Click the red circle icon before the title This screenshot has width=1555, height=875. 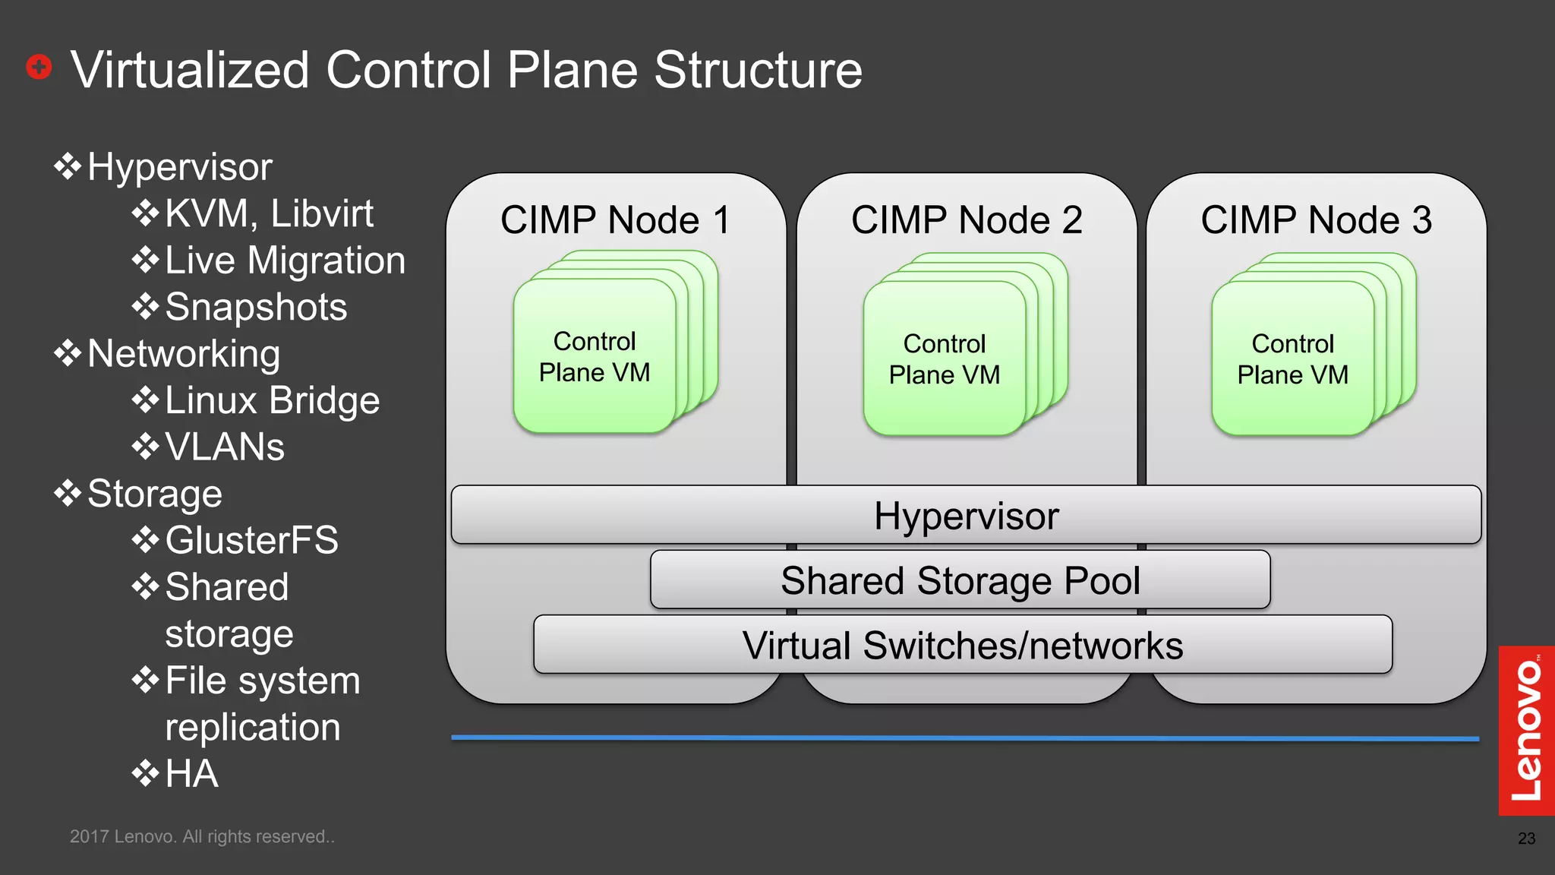tap(39, 67)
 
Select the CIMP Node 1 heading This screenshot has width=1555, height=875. tap(615, 220)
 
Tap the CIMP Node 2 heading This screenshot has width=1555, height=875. tap(967, 220)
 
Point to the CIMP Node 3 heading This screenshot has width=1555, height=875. tap(1316, 220)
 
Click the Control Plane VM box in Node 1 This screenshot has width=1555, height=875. tap(595, 357)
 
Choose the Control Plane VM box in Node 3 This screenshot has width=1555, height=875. tap(1292, 359)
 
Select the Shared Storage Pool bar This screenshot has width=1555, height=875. tap(960, 580)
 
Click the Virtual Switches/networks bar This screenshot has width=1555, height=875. tap(962, 645)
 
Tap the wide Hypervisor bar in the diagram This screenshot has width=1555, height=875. tap(966, 516)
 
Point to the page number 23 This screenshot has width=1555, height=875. tap(1526, 839)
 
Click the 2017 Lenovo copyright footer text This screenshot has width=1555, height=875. tap(202, 836)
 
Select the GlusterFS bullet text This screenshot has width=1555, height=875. tap(251, 540)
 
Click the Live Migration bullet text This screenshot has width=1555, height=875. tap(285, 261)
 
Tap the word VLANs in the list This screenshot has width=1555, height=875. tap(225, 447)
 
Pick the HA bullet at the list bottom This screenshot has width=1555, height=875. tap(191, 774)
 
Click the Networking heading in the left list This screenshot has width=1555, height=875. tap(184, 354)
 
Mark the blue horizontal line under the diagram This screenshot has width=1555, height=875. tap(964, 738)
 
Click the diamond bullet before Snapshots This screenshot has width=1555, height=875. tap(145, 307)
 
